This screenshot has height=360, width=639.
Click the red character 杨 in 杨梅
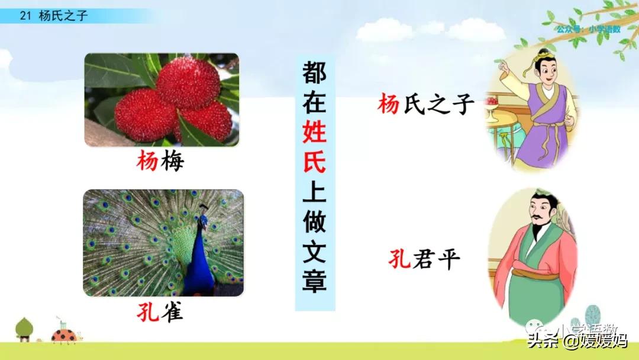147,160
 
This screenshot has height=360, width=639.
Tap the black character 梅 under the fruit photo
172,160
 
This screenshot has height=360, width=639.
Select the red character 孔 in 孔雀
147,311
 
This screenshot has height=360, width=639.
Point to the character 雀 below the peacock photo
172,311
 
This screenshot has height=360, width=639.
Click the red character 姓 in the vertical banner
314,131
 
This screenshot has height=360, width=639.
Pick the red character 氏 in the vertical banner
314,162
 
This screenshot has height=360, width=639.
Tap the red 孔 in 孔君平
400,259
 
